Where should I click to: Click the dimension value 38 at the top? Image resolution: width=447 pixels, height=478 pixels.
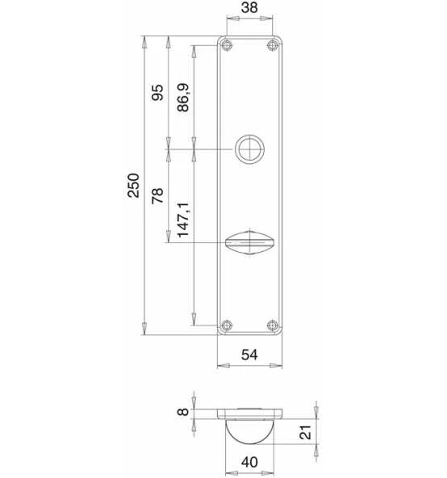tap(249, 7)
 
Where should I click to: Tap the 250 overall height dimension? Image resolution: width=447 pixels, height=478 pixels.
tap(133, 186)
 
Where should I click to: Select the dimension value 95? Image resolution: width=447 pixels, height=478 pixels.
tap(157, 93)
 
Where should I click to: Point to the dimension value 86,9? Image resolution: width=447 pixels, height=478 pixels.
tap(183, 97)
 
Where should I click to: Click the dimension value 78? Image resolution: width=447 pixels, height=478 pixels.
tap(157, 195)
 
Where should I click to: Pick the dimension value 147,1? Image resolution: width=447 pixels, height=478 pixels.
tap(183, 220)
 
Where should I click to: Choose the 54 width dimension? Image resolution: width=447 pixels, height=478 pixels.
tap(249, 354)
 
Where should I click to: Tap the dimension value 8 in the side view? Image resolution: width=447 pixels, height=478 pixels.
tap(183, 412)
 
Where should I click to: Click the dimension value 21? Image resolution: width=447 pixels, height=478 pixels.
tap(305, 432)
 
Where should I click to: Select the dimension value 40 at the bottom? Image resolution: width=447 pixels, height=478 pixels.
tap(249, 462)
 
